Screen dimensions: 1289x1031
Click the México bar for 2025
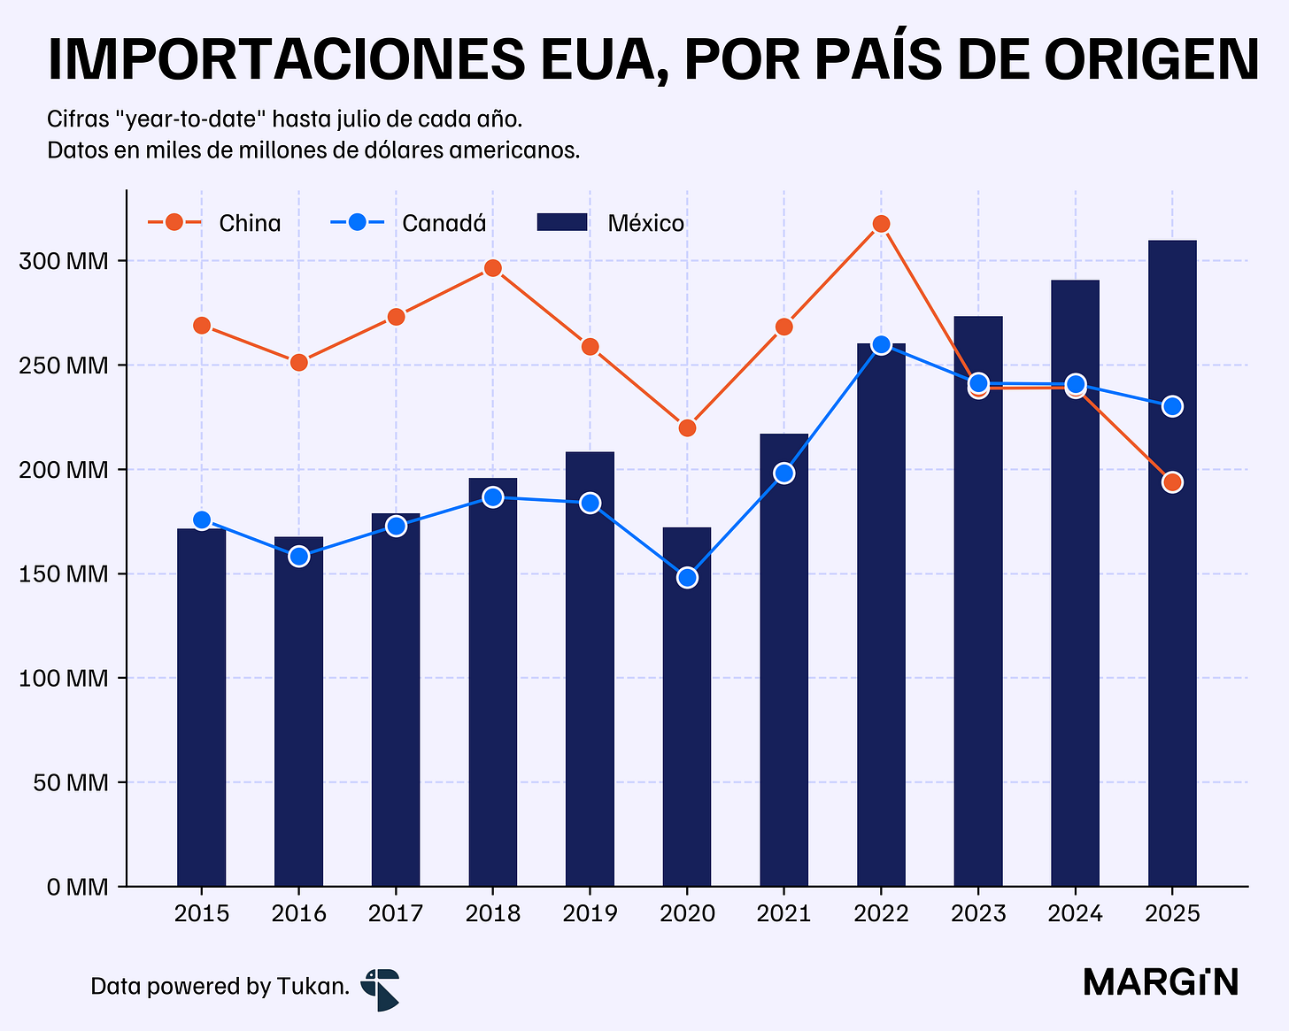click(x=1172, y=563)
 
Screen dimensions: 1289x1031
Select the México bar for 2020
click(x=686, y=706)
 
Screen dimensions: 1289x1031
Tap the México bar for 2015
click(x=201, y=707)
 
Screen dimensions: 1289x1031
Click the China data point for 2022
click(x=881, y=224)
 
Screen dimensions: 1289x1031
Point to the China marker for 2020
click(x=687, y=428)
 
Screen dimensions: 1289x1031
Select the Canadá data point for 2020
click(x=687, y=578)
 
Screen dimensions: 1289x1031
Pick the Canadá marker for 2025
click(x=1172, y=406)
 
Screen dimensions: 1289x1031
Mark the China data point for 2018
click(x=493, y=267)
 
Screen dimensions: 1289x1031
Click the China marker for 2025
click(x=1172, y=482)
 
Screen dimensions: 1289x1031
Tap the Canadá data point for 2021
click(x=784, y=473)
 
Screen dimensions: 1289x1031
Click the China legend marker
click(x=174, y=223)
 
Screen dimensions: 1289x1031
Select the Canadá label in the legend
click(x=444, y=223)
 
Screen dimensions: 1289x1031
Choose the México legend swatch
click(x=562, y=222)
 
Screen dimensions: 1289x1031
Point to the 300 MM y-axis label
click(x=64, y=261)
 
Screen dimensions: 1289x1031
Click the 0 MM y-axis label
click(x=78, y=887)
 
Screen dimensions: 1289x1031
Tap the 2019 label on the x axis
click(x=590, y=913)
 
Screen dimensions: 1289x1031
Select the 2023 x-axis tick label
click(x=978, y=913)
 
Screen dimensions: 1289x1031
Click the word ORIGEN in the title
click(x=1151, y=60)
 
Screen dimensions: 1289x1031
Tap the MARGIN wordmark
click(x=1161, y=982)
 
